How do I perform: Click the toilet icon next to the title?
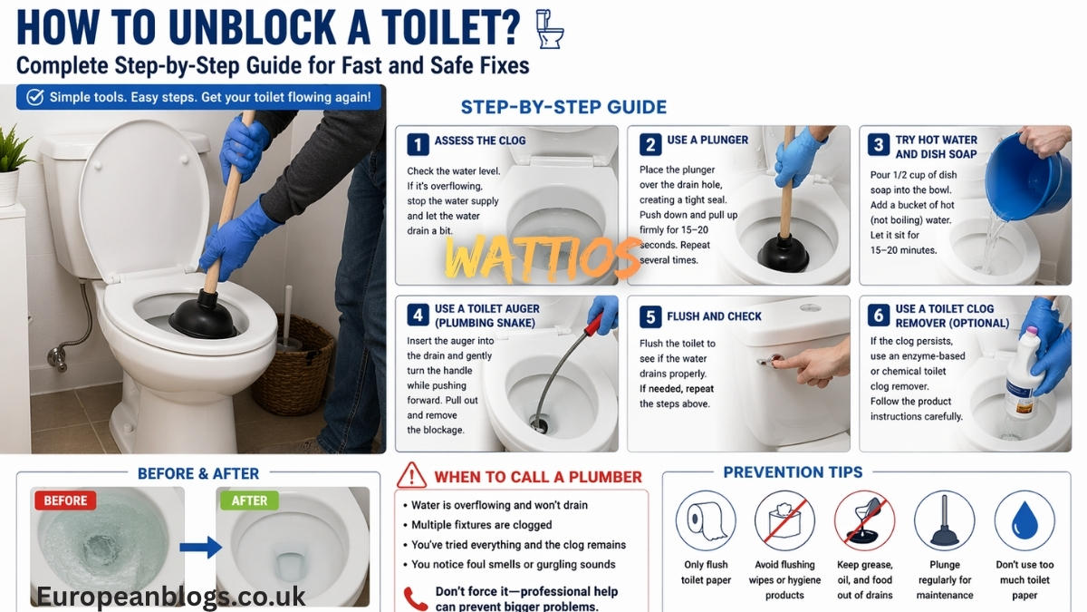(549, 29)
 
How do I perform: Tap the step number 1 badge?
(417, 144)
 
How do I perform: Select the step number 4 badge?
(417, 315)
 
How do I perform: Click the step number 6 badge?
(877, 315)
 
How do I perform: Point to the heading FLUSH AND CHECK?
(714, 316)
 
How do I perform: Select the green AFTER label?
(249, 500)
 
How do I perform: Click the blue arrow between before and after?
(200, 547)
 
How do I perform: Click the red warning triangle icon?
(412, 475)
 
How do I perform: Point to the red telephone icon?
(415, 598)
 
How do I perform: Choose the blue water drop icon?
(1024, 520)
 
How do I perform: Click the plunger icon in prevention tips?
(944, 520)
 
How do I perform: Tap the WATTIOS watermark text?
(543, 258)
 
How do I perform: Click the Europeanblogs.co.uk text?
(170, 596)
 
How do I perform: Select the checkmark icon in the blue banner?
(34, 97)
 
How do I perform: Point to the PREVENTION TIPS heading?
(793, 472)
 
